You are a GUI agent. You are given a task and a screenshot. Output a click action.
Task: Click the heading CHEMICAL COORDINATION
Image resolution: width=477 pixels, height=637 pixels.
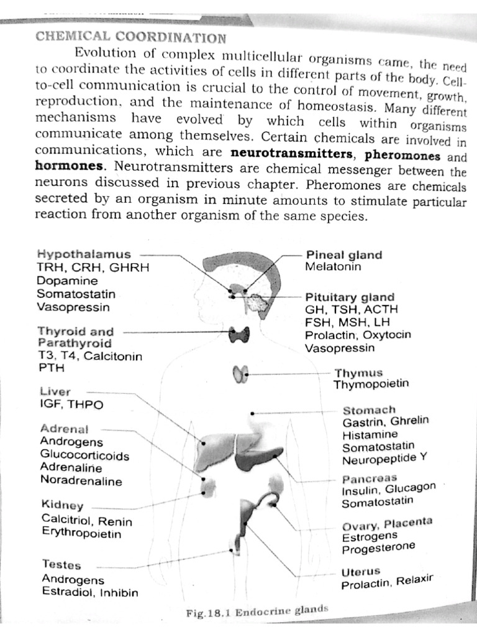click(122, 37)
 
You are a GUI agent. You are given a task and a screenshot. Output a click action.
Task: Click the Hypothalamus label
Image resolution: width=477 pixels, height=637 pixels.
click(84, 254)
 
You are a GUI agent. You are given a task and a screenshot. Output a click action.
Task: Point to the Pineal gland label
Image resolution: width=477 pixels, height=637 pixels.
click(343, 255)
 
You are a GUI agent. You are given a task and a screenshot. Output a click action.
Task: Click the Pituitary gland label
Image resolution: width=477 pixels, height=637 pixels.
click(349, 297)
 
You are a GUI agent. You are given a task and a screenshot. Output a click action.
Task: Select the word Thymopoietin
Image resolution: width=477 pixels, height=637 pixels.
click(371, 384)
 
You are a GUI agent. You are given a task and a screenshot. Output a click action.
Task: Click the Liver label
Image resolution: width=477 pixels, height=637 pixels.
click(55, 392)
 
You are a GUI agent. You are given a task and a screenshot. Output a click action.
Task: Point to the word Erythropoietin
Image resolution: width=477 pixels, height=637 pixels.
click(81, 533)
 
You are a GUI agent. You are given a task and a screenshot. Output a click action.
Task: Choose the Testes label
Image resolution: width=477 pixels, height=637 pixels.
click(61, 565)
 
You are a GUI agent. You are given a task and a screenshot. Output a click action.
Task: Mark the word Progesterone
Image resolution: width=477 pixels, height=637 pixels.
click(378, 547)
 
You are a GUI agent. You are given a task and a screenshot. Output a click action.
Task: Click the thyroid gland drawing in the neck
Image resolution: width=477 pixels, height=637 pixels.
click(240, 334)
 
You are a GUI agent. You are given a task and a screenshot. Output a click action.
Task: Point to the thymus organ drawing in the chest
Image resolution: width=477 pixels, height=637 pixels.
click(240, 373)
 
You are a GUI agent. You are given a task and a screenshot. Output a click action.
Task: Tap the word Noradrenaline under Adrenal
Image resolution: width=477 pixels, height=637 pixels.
click(81, 481)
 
